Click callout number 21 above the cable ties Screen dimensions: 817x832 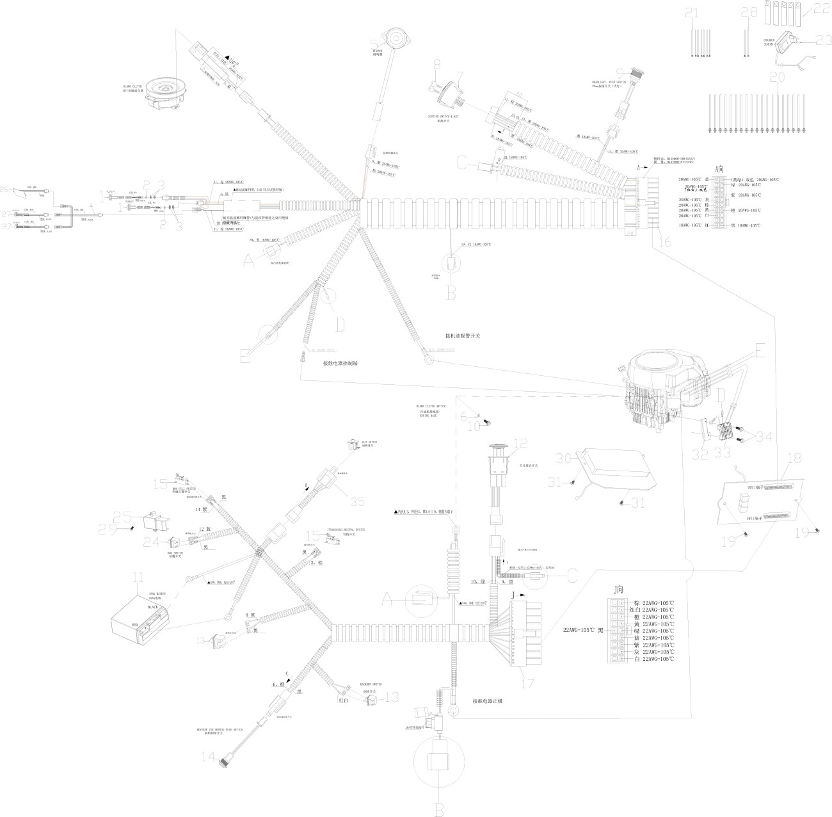(692, 13)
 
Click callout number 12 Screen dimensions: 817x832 (520, 443)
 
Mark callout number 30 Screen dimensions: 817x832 (563, 458)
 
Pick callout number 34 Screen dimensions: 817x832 (764, 437)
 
